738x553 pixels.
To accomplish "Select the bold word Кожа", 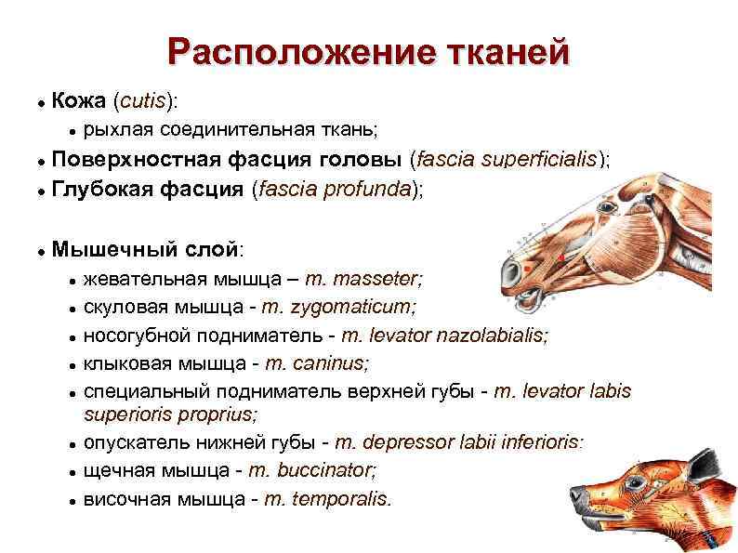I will coord(77,99).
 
